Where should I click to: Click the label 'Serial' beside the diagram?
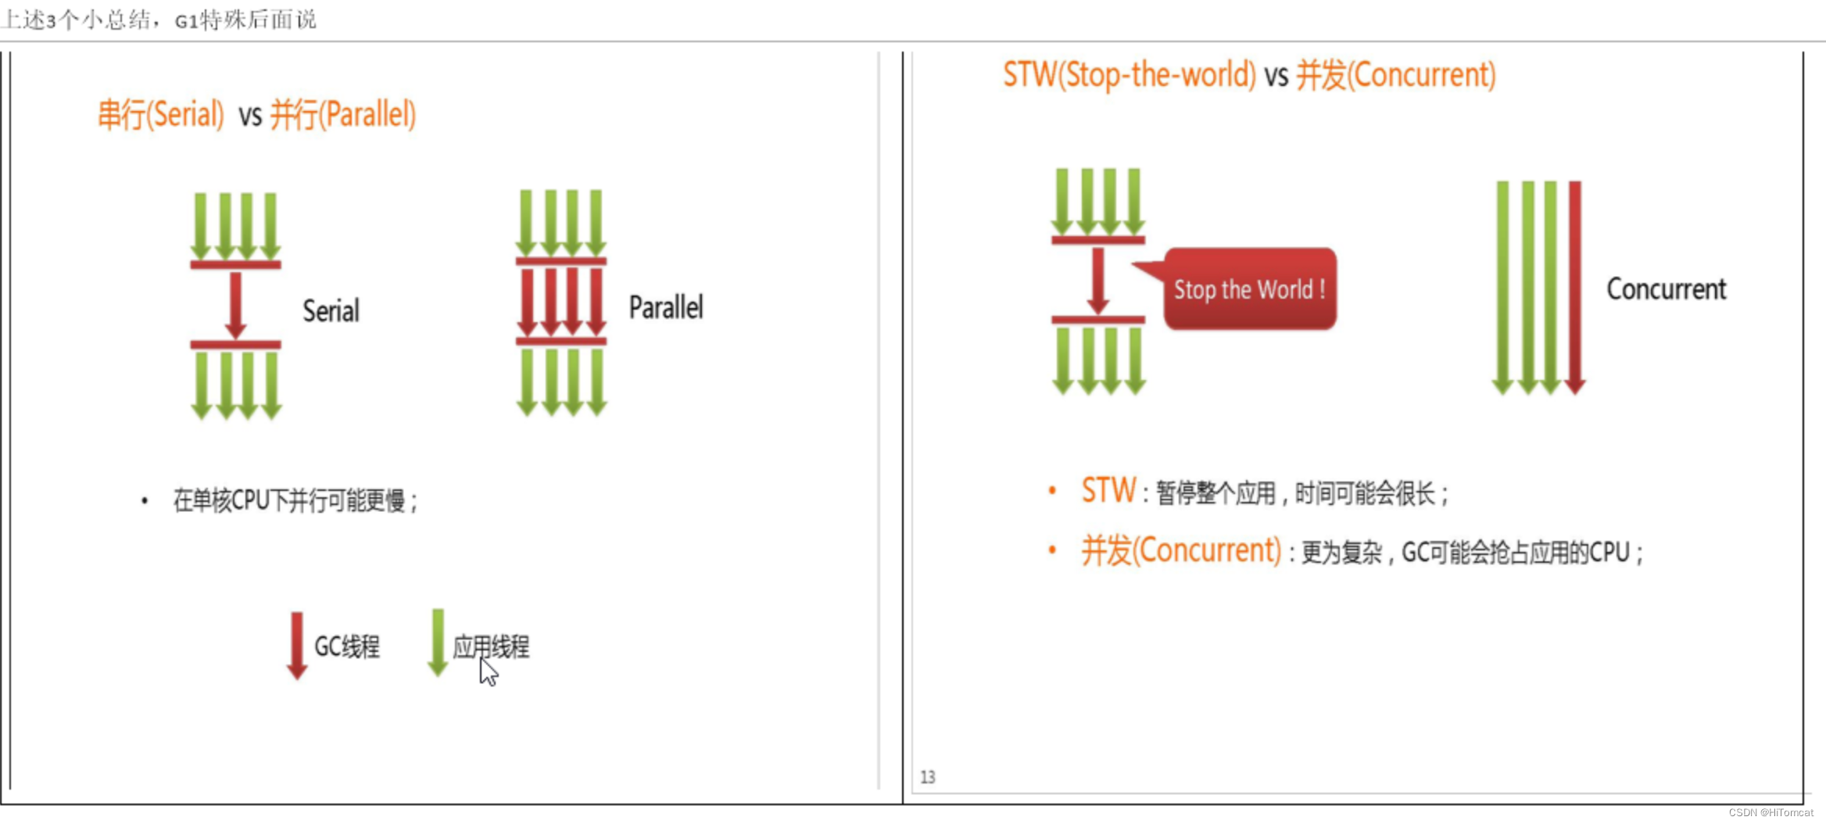[x=331, y=311]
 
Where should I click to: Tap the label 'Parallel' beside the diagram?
[x=666, y=307]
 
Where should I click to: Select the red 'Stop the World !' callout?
[x=1249, y=289]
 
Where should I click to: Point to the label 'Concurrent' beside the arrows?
[x=1666, y=289]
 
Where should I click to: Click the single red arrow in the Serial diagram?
[x=235, y=305]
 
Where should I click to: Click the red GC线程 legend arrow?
[x=296, y=646]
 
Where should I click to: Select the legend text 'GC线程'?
[x=347, y=647]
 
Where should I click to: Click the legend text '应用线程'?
[x=491, y=647]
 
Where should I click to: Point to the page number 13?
[x=928, y=777]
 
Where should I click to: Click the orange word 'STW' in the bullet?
[x=1108, y=491]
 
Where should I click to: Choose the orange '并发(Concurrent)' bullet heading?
[x=1181, y=551]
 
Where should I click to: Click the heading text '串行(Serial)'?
[x=161, y=115]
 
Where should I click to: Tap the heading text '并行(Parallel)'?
[x=342, y=115]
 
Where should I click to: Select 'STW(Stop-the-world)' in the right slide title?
[x=1130, y=75]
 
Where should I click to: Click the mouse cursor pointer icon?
[x=488, y=672]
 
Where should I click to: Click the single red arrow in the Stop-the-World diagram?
[x=1098, y=280]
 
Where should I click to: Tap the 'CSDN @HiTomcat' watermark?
[x=1771, y=813]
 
